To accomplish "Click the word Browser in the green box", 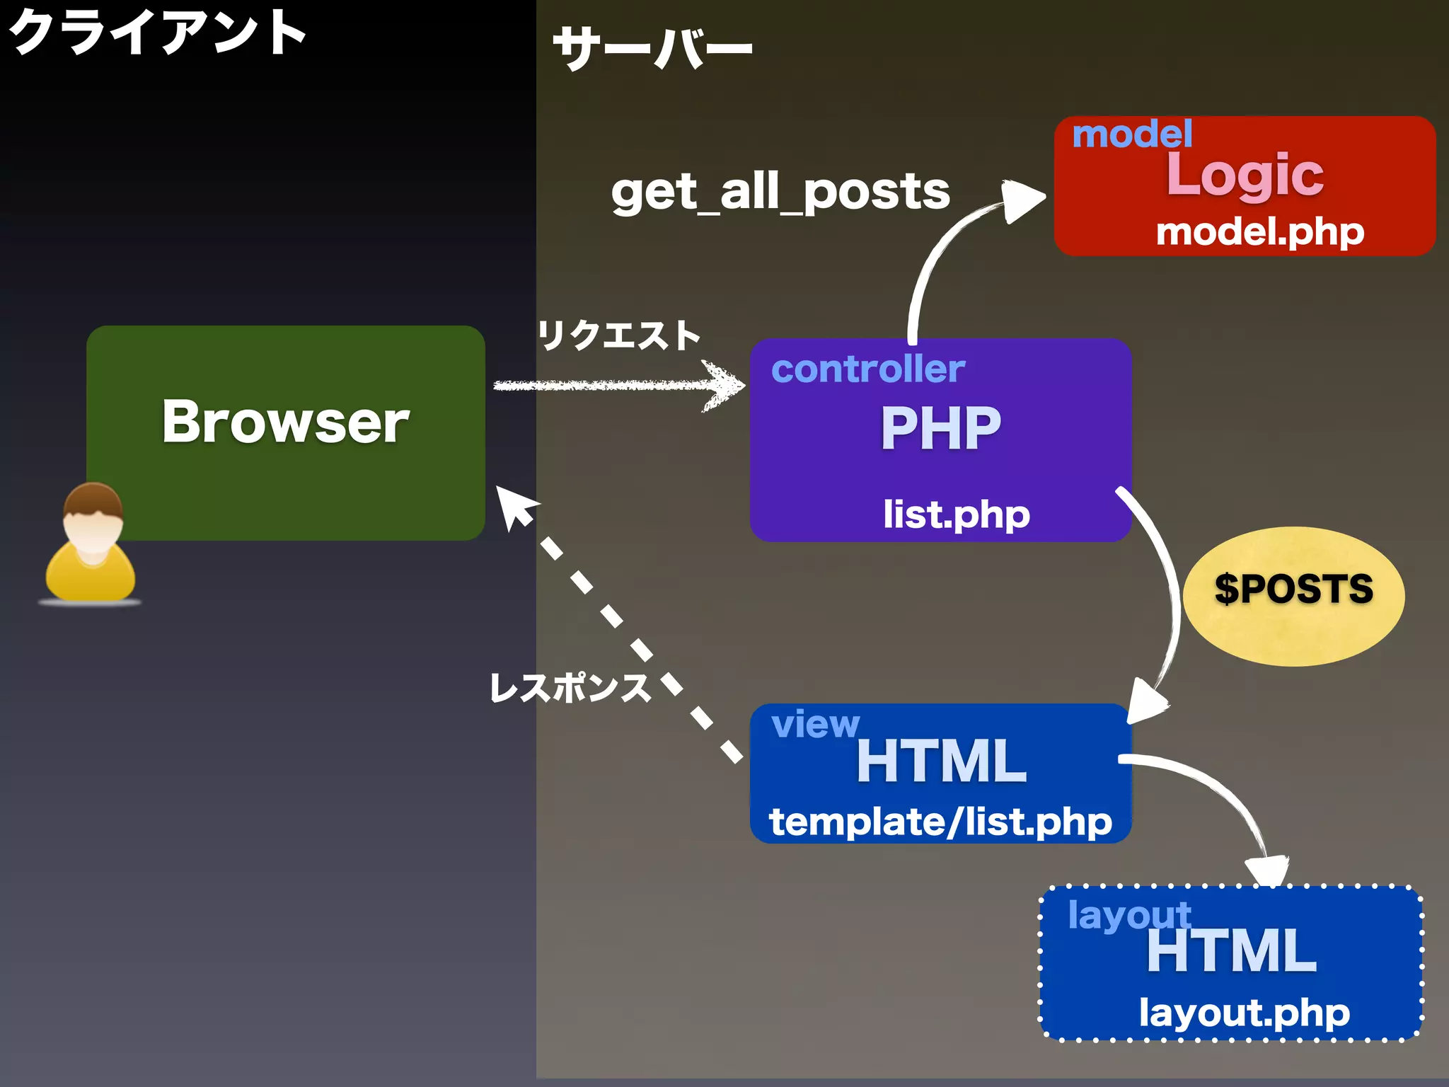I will coord(285,422).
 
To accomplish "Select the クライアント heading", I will coord(157,33).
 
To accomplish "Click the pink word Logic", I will coord(1245,175).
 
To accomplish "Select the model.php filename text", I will coord(1259,232).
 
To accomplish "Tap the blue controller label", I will coord(867,369).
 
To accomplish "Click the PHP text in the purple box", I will coord(941,428).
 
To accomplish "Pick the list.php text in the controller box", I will coord(956,514).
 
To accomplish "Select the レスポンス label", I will coord(570,688).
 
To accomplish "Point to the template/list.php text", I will coord(940,822).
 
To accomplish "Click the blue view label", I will coord(815,724).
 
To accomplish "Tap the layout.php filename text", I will coord(1244,1013).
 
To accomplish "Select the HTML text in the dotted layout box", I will coord(1231,952).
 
